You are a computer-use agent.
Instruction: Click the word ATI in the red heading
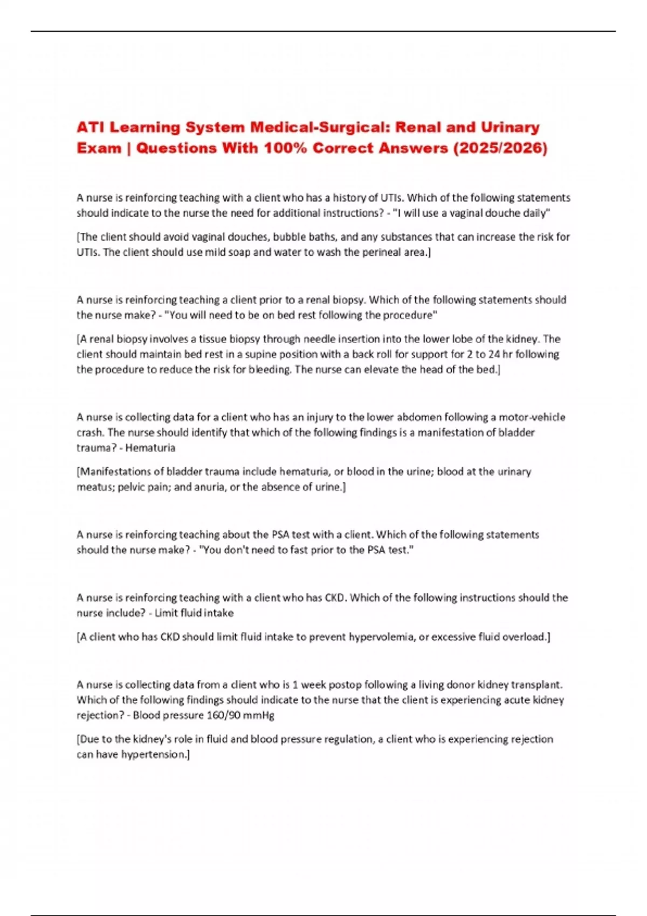[90, 128]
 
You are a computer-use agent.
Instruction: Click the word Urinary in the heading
[510, 128]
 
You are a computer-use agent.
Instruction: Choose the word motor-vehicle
[532, 418]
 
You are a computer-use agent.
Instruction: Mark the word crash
[90, 433]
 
